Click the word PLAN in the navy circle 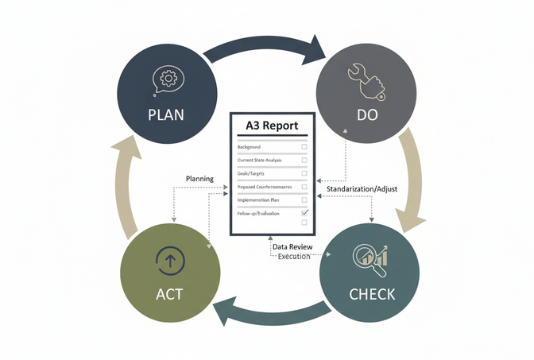165,114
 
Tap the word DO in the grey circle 366,114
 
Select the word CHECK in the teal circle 372,294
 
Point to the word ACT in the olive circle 169,294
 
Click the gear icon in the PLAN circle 168,78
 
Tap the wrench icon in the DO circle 366,80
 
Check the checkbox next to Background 304,147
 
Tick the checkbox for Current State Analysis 304,160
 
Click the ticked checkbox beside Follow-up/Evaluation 304,214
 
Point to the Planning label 199,179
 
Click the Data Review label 292,248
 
